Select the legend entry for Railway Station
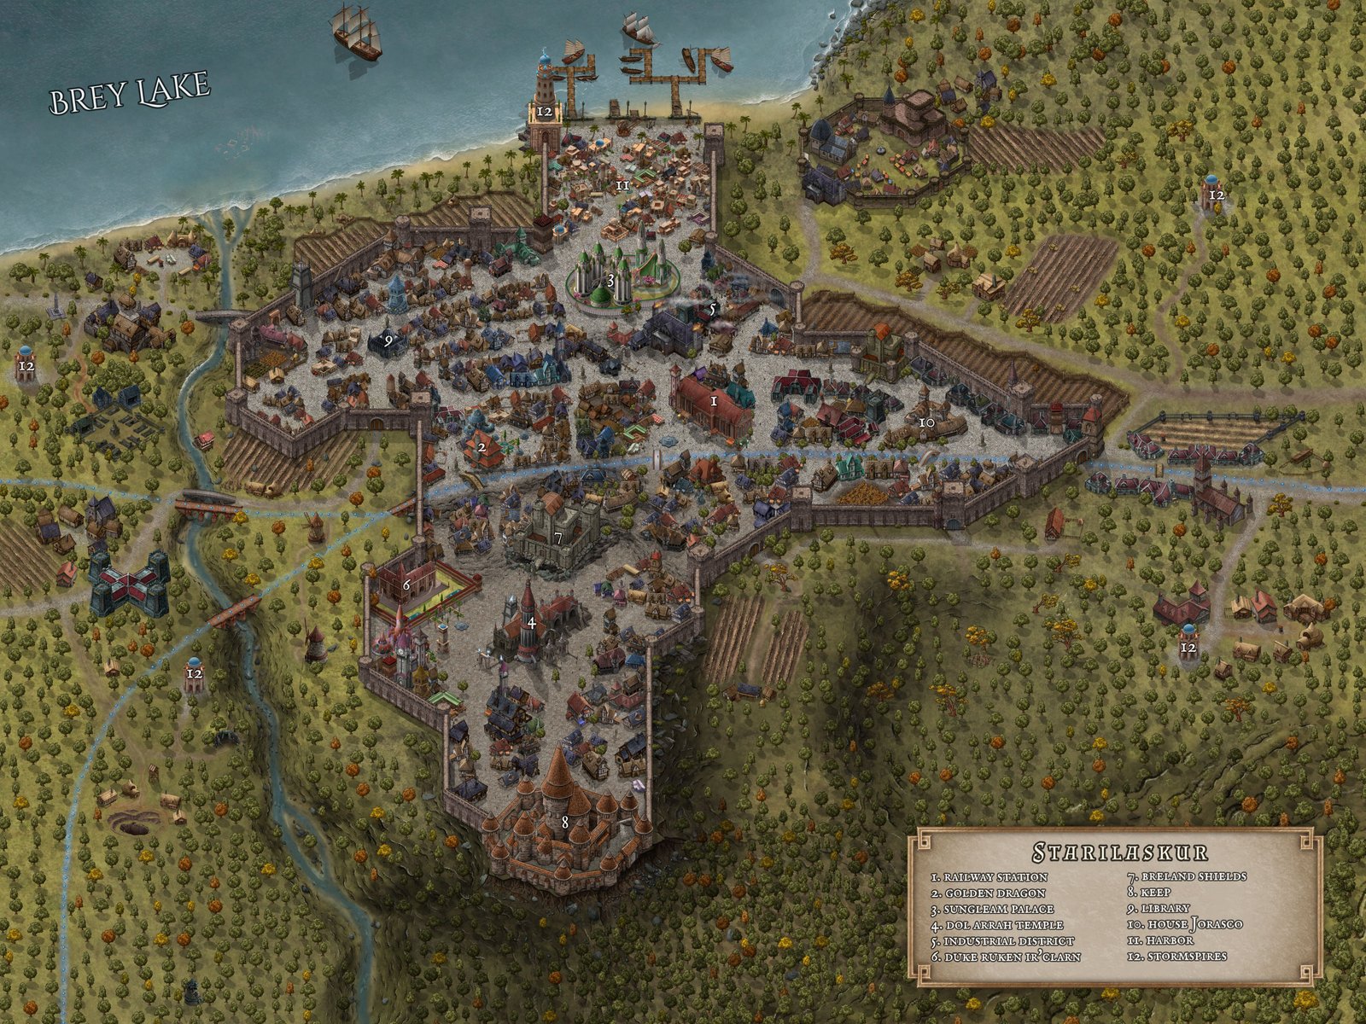pos(990,877)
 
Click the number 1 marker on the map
pos(714,399)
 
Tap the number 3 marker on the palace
pos(610,279)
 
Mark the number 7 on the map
pos(558,538)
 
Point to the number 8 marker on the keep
pos(565,823)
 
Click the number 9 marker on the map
pos(388,339)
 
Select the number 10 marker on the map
pos(925,422)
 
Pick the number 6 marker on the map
pos(406,585)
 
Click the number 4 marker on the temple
pos(531,623)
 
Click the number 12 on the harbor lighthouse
pos(545,111)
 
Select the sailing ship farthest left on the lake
pos(355,32)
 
